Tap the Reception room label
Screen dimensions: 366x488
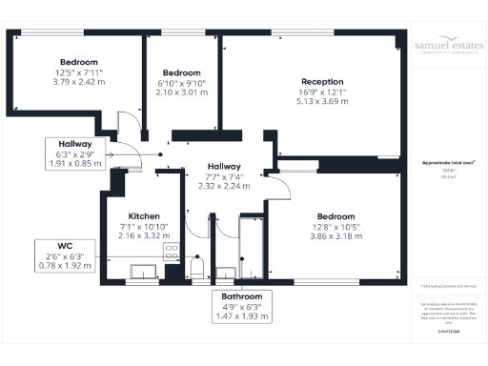click(x=322, y=81)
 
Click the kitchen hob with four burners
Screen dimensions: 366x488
click(x=172, y=253)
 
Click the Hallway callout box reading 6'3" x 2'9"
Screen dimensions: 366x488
click(x=74, y=153)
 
